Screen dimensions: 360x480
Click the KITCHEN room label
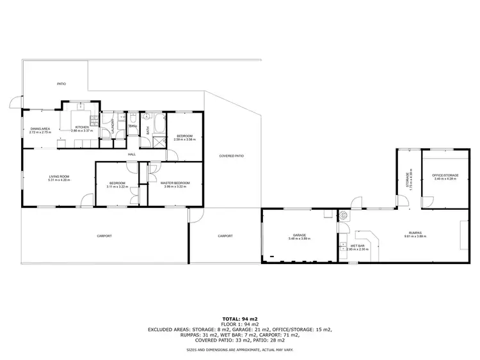point(82,127)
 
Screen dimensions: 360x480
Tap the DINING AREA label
point(40,129)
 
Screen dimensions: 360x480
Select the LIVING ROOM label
point(59,176)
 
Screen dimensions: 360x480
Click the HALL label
point(132,154)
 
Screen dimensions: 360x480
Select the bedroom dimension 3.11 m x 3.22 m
point(118,187)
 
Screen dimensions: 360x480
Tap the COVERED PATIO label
point(231,156)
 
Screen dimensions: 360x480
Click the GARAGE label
point(300,235)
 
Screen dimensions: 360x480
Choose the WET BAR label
point(357,246)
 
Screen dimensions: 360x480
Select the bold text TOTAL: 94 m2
point(240,318)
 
